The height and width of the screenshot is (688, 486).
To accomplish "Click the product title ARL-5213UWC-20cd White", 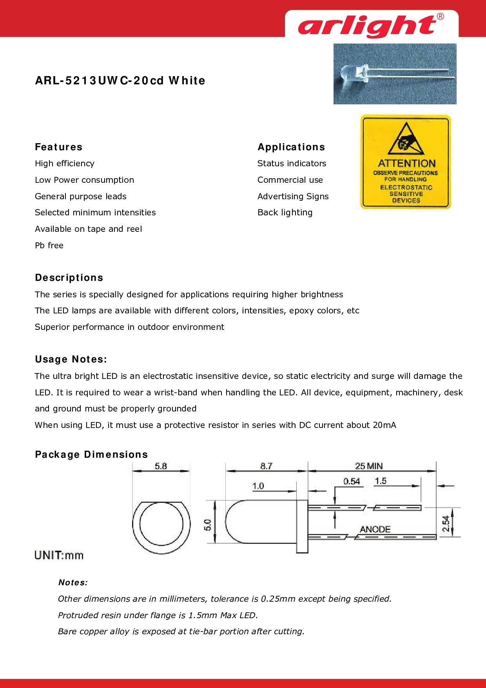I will click(120, 81).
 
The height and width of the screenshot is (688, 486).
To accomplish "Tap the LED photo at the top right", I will click(395, 74).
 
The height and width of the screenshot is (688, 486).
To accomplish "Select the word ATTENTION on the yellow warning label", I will click(406, 163).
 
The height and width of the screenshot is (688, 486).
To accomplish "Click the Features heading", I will click(59, 147).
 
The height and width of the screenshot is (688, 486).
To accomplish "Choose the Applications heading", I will click(291, 147).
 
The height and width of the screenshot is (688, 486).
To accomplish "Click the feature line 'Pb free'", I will click(49, 246).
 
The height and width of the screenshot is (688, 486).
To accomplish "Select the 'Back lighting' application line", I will click(285, 213).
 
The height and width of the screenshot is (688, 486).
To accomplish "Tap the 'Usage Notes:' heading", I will click(71, 359).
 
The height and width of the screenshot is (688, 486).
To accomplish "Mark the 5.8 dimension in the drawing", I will click(161, 466).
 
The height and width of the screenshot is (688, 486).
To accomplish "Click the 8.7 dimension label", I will click(266, 466).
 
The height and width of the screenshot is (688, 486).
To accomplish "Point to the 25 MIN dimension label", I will click(369, 466).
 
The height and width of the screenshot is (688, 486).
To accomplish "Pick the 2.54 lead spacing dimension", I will click(446, 523).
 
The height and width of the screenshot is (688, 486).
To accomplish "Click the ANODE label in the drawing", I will click(375, 529).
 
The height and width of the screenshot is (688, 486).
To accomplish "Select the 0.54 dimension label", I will click(352, 481).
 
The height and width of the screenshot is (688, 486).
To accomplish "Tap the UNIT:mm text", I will click(59, 555).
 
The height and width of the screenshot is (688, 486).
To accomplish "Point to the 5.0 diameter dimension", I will click(208, 525).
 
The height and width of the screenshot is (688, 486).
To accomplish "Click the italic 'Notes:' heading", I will click(73, 582).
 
